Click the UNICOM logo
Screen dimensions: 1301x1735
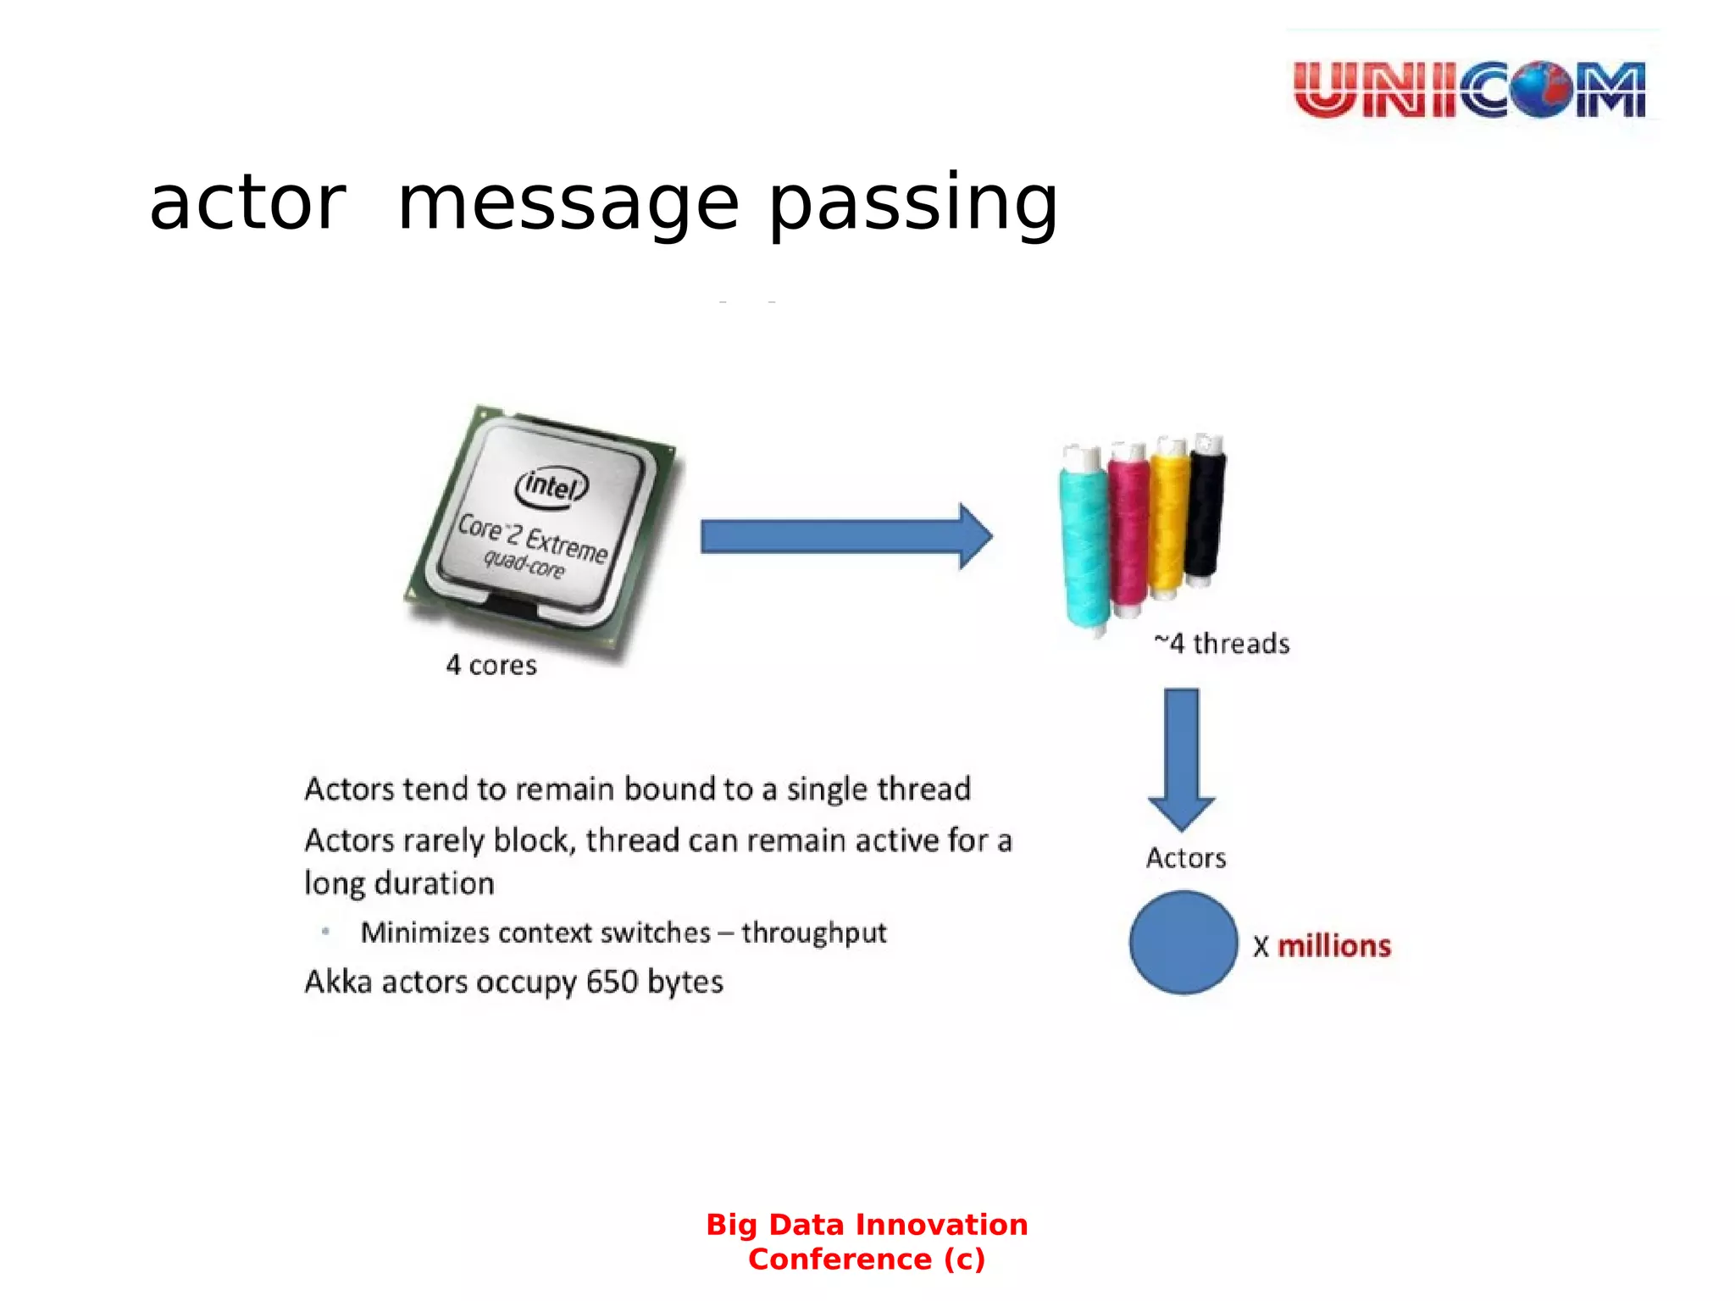(1470, 88)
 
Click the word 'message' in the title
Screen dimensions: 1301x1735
(568, 204)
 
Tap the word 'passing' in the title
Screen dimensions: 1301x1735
(913, 204)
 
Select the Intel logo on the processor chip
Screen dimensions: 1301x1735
(552, 486)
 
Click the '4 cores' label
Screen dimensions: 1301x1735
(491, 665)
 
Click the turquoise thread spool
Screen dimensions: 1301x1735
(1084, 542)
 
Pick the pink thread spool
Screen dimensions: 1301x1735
(1128, 529)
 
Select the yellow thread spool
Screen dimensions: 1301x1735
(1168, 518)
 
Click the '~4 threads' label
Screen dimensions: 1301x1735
(1222, 644)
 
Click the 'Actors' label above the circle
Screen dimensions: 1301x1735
(1185, 858)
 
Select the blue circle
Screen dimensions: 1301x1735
(1183, 942)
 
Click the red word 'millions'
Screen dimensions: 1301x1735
(1333, 946)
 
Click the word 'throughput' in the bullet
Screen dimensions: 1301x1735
(813, 933)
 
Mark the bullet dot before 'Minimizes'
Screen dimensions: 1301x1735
(325, 932)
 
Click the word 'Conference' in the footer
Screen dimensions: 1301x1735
(840, 1259)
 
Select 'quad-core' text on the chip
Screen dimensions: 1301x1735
(524, 563)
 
